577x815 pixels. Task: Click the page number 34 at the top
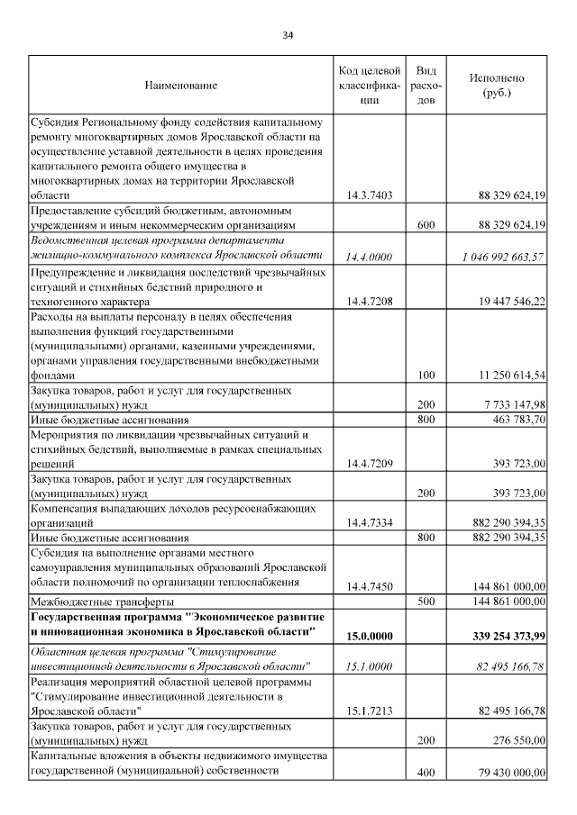click(288, 35)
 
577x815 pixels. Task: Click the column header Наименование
click(180, 86)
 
